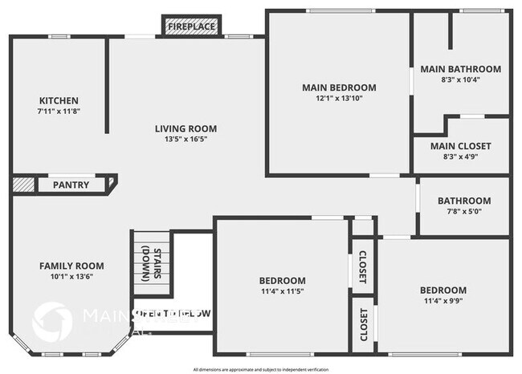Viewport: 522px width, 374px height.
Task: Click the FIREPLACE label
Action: click(x=191, y=27)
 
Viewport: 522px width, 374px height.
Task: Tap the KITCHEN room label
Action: click(x=59, y=100)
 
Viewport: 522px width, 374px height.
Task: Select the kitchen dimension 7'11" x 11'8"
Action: click(x=59, y=112)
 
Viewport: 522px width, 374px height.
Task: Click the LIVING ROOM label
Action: click(x=186, y=128)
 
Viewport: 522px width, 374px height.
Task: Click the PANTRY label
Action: click(x=71, y=185)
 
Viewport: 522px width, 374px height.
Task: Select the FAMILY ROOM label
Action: click(x=72, y=266)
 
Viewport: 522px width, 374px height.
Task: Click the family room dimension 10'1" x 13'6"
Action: click(x=72, y=278)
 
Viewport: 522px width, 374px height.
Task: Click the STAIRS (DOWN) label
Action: click(x=151, y=266)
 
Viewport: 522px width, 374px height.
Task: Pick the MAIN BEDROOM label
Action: click(x=339, y=87)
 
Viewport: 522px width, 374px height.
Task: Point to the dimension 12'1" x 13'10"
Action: click(x=339, y=99)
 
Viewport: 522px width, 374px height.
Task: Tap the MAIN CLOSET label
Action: click(x=461, y=146)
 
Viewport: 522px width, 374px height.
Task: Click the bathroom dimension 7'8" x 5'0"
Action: click(x=464, y=213)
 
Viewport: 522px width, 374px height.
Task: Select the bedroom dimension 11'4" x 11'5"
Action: click(x=281, y=292)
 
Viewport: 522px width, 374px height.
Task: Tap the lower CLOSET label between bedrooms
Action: click(x=363, y=324)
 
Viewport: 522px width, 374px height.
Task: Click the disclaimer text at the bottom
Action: click(x=262, y=368)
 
